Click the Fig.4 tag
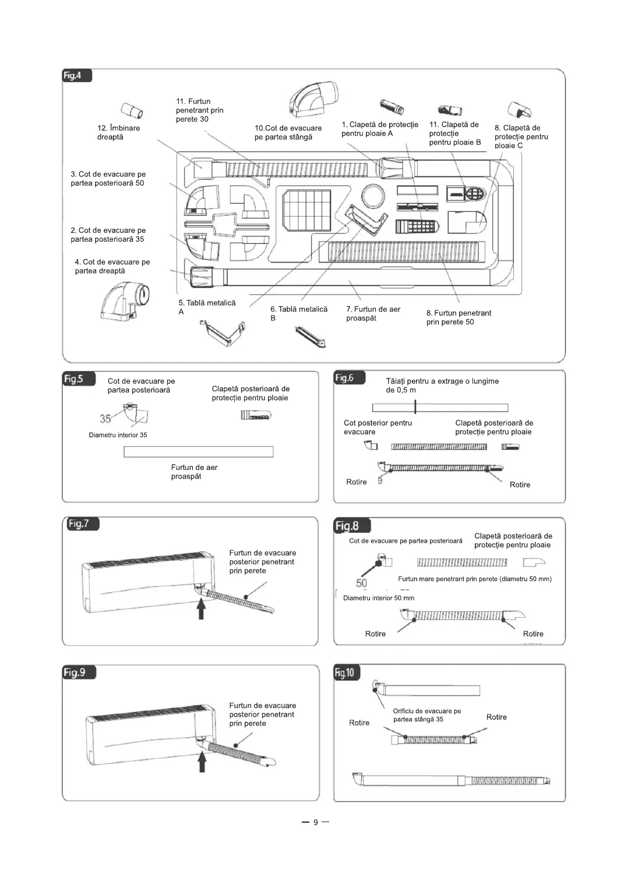76,76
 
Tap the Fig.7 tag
80,524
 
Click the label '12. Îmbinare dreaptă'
118,133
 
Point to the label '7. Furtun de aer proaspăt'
373,314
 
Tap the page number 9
315,823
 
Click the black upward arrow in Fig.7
201,610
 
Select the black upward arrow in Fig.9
202,762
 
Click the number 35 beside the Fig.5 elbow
105,419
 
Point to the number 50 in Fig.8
361,583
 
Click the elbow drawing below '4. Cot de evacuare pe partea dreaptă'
125,301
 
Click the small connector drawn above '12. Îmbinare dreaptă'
132,109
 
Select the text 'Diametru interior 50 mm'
379,598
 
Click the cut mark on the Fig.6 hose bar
415,407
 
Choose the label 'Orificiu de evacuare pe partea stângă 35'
426,715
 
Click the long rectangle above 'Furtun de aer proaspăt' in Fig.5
198,452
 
